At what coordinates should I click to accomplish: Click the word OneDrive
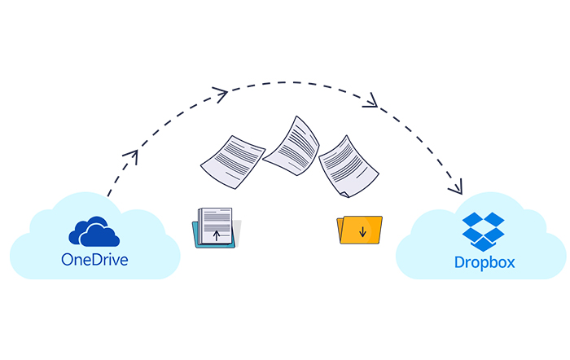94,260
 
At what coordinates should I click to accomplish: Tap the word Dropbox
484,262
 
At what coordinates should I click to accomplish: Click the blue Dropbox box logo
483,231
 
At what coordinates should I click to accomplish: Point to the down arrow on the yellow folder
362,231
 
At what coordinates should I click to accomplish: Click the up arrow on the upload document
217,235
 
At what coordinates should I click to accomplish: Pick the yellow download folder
360,230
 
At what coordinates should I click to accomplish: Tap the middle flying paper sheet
292,146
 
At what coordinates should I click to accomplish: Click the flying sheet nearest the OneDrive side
233,162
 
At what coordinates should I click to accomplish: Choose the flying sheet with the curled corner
349,167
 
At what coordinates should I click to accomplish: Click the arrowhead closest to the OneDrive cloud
132,156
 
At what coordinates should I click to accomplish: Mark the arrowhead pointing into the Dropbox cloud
457,187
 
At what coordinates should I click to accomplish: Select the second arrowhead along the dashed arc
221,94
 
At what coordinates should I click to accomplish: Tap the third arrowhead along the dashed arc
371,101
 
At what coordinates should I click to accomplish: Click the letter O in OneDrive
67,260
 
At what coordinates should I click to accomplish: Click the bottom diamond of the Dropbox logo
483,244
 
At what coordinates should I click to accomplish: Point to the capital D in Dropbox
459,262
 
